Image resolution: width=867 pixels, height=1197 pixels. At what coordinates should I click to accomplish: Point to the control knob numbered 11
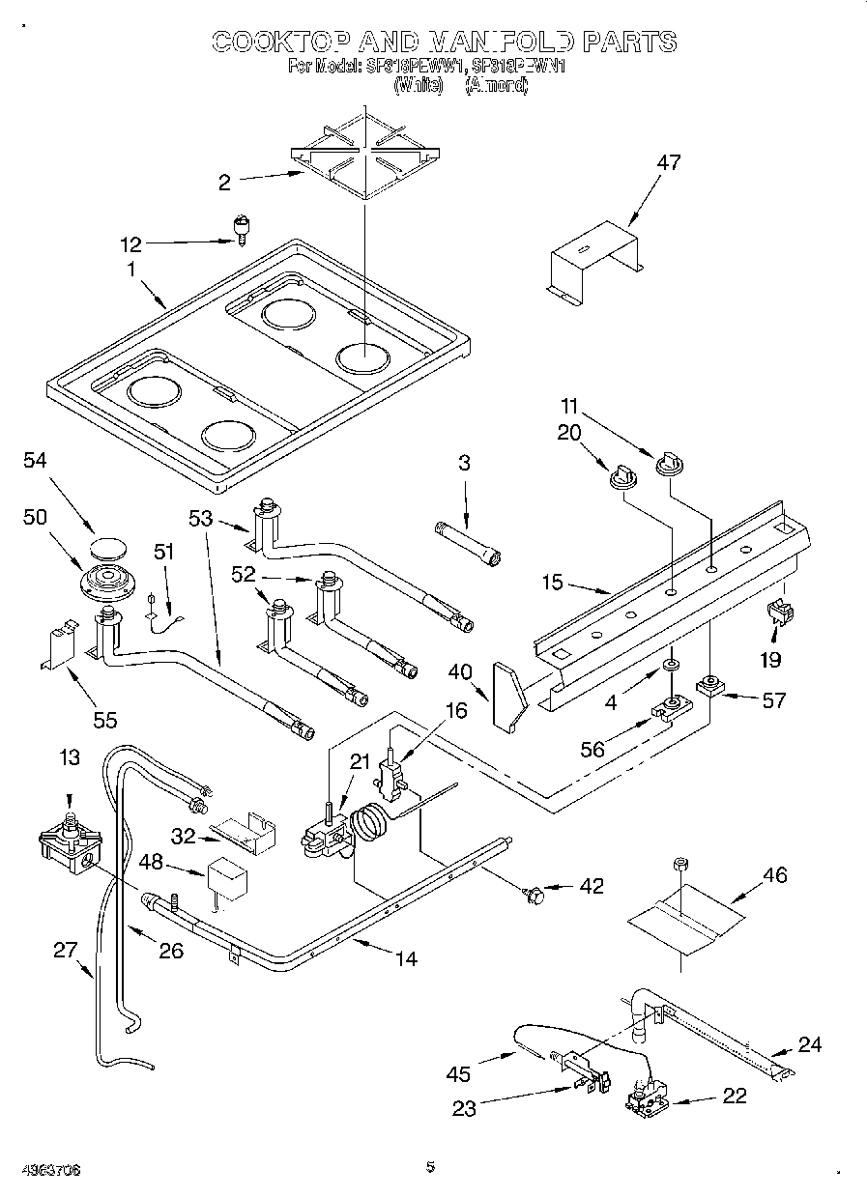tap(668, 466)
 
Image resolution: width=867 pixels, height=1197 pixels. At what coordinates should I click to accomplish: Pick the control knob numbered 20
tap(619, 474)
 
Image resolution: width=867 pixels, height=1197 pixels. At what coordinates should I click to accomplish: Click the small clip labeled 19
tap(778, 613)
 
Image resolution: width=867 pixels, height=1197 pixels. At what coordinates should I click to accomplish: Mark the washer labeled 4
tap(669, 669)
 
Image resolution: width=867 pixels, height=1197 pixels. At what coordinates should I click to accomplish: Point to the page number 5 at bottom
tap(430, 1167)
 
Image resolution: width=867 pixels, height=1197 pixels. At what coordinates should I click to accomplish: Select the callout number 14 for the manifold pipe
tap(406, 958)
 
